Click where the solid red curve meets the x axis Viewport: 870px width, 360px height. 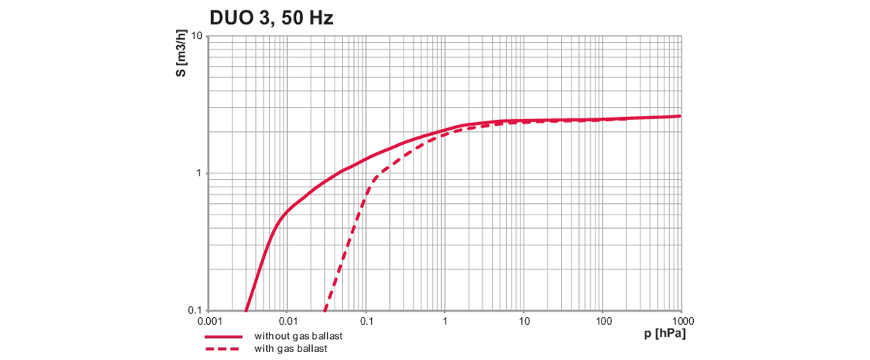tap(247, 310)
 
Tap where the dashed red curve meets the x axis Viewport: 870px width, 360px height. tap(325, 310)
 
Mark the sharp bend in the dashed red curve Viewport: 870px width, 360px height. tap(372, 180)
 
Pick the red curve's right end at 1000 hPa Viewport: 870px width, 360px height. tap(681, 115)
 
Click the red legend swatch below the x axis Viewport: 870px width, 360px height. tap(210, 339)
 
